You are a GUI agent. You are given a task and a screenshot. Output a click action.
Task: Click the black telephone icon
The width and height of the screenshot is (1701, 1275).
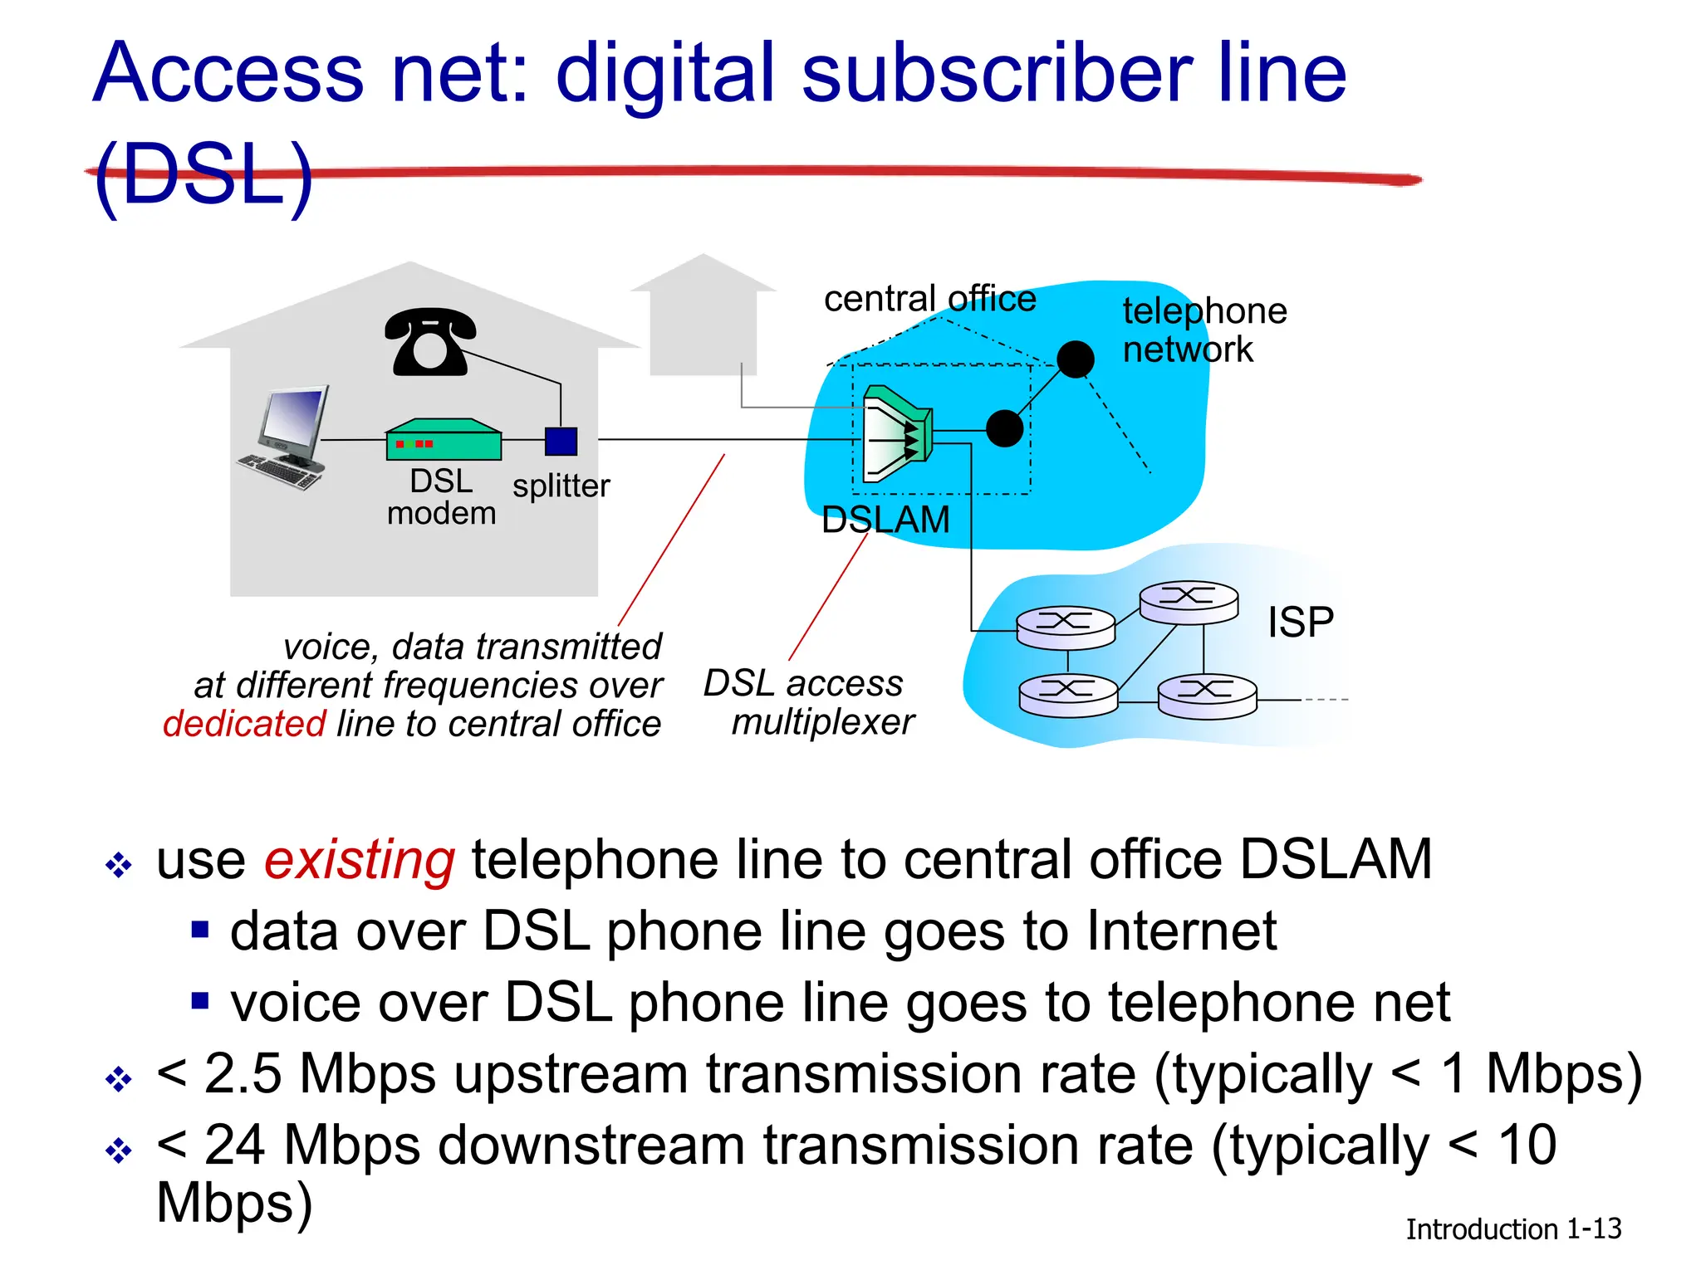click(x=429, y=342)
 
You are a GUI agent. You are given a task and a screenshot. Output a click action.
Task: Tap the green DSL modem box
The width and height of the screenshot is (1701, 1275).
click(x=444, y=440)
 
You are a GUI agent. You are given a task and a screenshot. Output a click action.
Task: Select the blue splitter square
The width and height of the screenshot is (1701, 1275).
click(x=561, y=441)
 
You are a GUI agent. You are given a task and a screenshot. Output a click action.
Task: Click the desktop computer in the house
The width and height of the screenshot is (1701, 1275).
click(x=287, y=437)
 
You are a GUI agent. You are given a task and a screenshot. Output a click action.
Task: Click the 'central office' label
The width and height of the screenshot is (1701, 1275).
click(x=929, y=299)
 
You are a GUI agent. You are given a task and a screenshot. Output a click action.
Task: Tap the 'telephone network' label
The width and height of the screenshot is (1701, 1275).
click(x=1203, y=330)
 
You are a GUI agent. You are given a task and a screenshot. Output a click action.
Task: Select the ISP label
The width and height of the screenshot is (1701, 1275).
click(x=1300, y=622)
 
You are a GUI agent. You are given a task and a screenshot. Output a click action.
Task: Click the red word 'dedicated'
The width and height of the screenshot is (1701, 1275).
click(x=244, y=724)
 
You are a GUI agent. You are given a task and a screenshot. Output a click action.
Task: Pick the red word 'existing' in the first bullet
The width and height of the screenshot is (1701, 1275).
click(x=360, y=859)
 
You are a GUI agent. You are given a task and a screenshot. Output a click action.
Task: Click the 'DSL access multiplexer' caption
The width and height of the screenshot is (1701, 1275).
click(x=807, y=702)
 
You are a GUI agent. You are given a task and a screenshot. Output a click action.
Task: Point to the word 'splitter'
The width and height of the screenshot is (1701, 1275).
click(x=561, y=486)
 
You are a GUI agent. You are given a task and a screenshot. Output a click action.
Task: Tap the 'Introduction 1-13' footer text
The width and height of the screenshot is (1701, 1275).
click(x=1512, y=1229)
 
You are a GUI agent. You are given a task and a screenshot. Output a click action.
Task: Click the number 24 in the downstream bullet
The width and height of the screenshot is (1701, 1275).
click(x=234, y=1145)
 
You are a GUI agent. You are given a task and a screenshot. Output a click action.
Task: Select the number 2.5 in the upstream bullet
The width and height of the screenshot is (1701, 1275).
click(x=243, y=1073)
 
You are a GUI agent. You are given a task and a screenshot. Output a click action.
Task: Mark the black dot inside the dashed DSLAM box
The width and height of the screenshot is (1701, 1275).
click(x=1004, y=429)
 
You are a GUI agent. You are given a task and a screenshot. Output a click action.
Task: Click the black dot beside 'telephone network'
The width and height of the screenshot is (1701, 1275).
click(x=1076, y=359)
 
